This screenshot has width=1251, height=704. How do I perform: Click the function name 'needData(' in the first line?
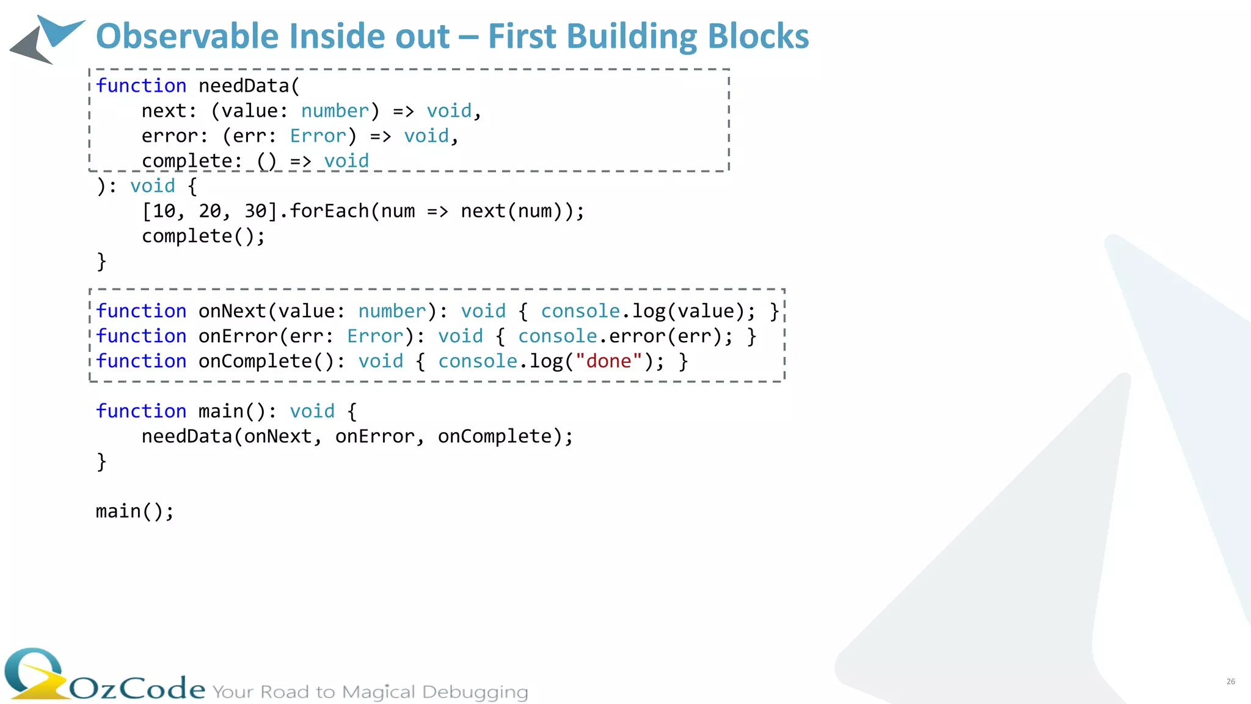click(249, 86)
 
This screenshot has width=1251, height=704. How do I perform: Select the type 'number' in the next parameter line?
click(335, 111)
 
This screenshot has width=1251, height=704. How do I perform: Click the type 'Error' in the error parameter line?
click(318, 136)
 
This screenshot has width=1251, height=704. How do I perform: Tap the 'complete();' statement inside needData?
click(203, 237)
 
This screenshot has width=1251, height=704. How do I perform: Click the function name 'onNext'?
click(232, 312)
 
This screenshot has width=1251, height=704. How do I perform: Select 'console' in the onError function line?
click(557, 337)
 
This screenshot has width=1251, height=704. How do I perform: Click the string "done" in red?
click(608, 362)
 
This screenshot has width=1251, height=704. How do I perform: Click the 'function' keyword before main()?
click(141, 412)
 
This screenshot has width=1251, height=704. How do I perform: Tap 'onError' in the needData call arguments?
click(374, 437)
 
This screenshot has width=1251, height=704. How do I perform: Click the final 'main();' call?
click(134, 512)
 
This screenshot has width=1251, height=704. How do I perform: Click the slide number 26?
click(1230, 681)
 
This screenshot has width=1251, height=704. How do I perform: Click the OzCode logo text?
click(137, 689)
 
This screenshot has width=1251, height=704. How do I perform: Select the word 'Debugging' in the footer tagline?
click(475, 692)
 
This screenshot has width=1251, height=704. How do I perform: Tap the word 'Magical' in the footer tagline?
click(378, 692)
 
